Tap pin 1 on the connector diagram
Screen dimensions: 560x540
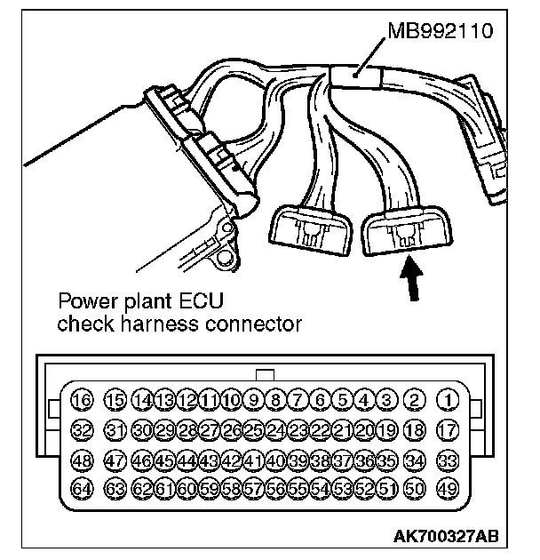pos(448,400)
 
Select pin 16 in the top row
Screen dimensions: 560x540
pos(81,400)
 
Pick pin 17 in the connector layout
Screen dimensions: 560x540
pos(448,430)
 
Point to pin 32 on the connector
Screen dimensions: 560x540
pos(81,430)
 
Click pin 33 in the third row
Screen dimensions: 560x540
pos(448,460)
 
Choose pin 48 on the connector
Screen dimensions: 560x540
pos(81,460)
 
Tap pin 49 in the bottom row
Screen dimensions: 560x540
pos(448,490)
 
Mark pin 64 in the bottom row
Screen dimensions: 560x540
pos(81,490)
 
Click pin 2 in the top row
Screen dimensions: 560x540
pos(413,400)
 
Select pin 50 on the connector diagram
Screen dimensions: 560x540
pos(413,490)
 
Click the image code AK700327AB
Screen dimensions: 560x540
pos(448,536)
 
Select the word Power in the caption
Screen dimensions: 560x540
pos(80,302)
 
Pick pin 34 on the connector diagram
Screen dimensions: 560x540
pos(413,460)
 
